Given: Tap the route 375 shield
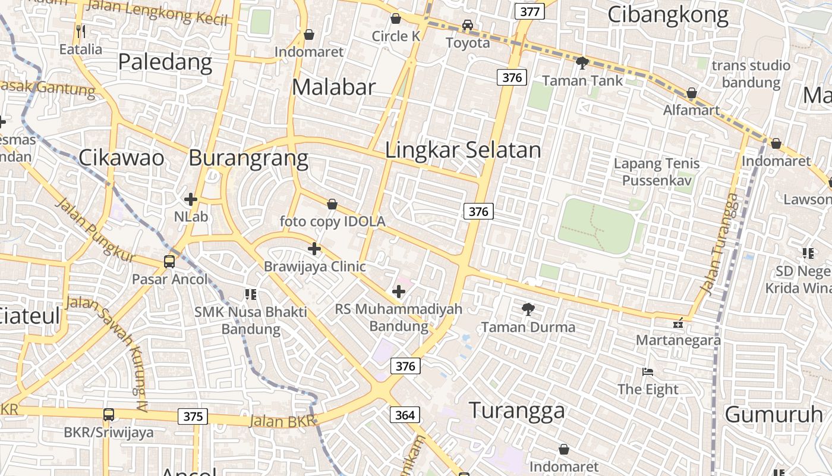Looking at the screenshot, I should pyautogui.click(x=193, y=416).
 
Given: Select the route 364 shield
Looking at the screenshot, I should pyautogui.click(x=405, y=415).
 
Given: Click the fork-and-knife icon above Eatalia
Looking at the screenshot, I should pyautogui.click(x=81, y=31).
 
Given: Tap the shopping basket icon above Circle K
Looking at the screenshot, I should pyautogui.click(x=396, y=18).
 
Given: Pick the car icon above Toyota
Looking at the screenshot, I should pyautogui.click(x=468, y=25).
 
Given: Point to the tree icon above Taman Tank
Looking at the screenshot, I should pyautogui.click(x=582, y=62).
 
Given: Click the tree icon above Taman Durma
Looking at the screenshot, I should pyautogui.click(x=527, y=309).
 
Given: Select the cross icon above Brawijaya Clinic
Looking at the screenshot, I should pyautogui.click(x=314, y=248).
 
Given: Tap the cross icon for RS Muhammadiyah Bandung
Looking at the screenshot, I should pyautogui.click(x=399, y=291).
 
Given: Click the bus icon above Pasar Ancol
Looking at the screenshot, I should pyautogui.click(x=169, y=261).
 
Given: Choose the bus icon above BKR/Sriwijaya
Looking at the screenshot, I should pyautogui.click(x=109, y=415).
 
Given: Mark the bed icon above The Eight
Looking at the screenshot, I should pyautogui.click(x=648, y=372).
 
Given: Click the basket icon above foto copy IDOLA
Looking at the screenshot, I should pyautogui.click(x=332, y=204).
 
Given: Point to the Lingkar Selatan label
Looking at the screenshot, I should pyautogui.click(x=463, y=150).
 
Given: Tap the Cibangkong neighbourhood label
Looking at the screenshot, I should pyautogui.click(x=668, y=15).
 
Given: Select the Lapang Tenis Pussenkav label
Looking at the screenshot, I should pyautogui.click(x=657, y=171).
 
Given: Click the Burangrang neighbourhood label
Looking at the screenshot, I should pyautogui.click(x=248, y=158).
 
